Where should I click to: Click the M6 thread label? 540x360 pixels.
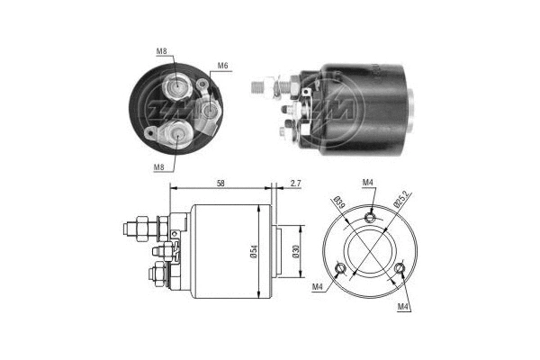[222, 65]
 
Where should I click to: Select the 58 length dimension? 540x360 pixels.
[220, 183]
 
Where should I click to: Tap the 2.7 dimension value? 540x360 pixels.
[295, 183]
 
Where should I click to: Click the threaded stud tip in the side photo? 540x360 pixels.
[256, 86]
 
